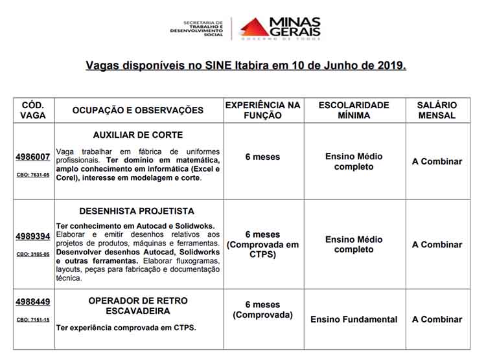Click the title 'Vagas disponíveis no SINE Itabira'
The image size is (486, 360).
point(246,65)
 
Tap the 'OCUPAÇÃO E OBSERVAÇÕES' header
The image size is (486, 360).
point(138,110)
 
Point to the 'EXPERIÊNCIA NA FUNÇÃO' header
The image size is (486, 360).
point(262,110)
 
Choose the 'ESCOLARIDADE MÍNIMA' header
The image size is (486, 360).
point(354,110)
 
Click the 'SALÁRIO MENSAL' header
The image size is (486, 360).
point(437,110)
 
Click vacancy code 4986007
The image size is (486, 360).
point(33,157)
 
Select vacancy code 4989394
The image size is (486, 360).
point(33,236)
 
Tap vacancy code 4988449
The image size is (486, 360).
point(33,302)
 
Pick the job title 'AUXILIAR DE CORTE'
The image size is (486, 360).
point(137,136)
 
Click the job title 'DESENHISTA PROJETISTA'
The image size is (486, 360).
point(137,211)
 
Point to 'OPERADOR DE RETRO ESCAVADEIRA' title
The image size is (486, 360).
point(138,306)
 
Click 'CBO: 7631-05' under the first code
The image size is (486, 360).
point(33,175)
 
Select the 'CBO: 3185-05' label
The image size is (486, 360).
point(33,254)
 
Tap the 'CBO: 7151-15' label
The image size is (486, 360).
point(33,319)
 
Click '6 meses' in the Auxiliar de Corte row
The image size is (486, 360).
point(262,157)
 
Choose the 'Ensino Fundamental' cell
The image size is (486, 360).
point(354,319)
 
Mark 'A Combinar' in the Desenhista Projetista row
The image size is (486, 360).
point(437,245)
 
